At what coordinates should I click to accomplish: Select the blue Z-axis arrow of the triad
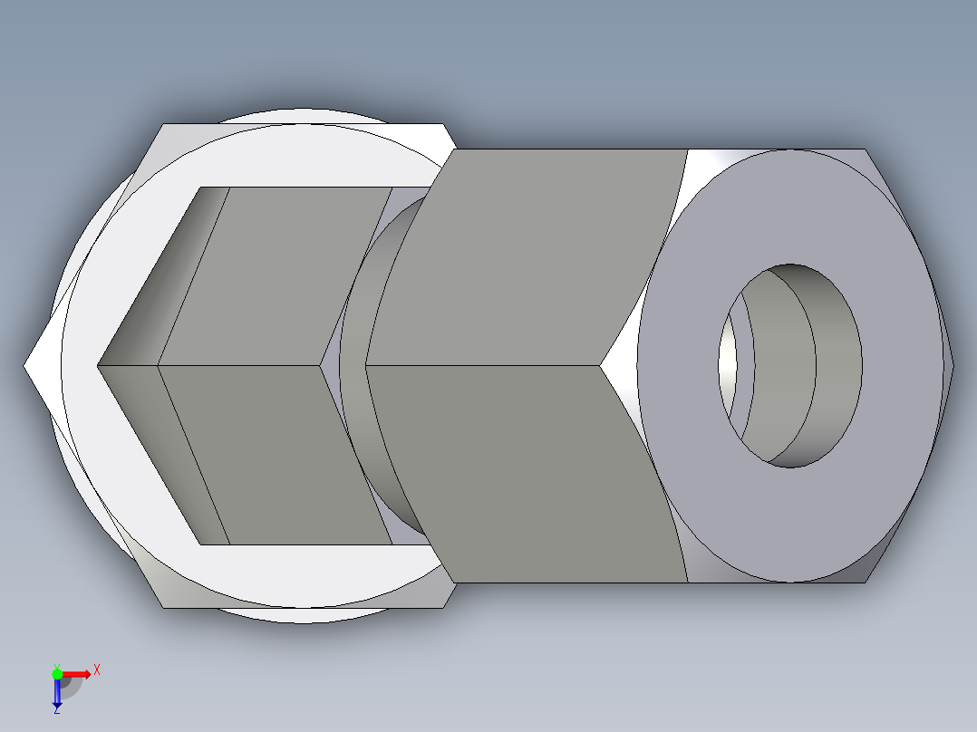(56, 693)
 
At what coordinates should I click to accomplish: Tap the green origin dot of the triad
(57, 672)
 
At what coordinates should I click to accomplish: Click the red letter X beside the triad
(96, 670)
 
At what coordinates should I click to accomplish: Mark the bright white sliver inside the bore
(728, 362)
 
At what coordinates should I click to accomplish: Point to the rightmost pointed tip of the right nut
(952, 365)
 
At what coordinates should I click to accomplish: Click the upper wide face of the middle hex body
(272, 272)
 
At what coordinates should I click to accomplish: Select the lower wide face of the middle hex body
(272, 453)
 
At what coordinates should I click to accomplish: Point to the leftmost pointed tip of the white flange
(27, 366)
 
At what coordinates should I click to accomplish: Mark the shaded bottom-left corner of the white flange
(181, 593)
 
